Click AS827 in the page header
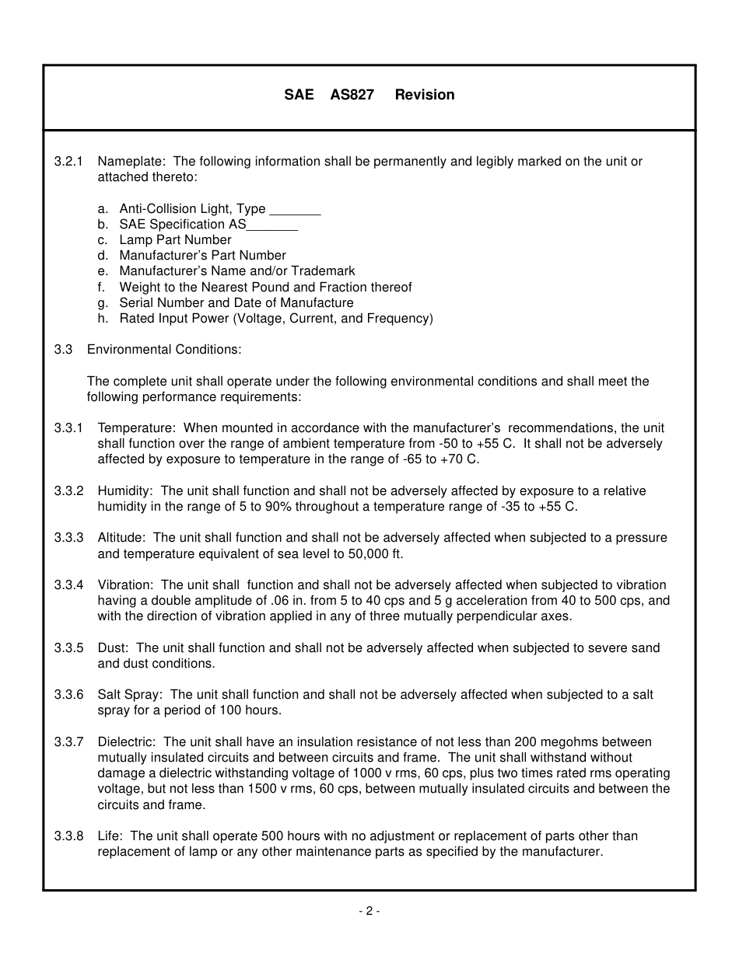352,95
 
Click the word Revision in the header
424,95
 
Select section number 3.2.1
68,162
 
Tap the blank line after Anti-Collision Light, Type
295,210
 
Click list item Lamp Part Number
175,240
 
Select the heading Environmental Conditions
164,350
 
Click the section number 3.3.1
68,428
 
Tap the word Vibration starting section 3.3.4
127,585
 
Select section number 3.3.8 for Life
68,836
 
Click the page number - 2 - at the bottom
369,911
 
